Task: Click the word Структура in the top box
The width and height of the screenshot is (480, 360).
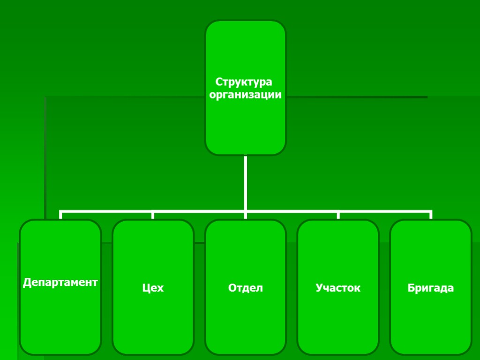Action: [243, 82]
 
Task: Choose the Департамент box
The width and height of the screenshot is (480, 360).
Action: [60, 319]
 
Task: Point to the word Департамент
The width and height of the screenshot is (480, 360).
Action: [60, 282]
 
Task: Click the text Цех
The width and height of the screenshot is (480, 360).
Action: [153, 287]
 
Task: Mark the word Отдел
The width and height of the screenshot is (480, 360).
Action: [245, 287]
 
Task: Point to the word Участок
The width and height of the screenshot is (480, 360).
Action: [338, 287]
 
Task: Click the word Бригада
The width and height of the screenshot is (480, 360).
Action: [430, 287]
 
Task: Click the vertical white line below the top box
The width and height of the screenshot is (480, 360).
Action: [246, 183]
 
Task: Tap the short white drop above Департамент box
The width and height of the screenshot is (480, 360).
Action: [61, 215]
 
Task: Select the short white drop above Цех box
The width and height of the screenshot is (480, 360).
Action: [153, 215]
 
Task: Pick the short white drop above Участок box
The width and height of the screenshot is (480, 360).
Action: [338, 215]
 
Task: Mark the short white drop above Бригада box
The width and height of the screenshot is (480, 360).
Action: [430, 215]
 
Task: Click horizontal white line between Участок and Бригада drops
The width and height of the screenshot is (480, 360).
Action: [384, 211]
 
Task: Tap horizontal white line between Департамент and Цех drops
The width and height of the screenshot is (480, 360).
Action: [107, 211]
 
